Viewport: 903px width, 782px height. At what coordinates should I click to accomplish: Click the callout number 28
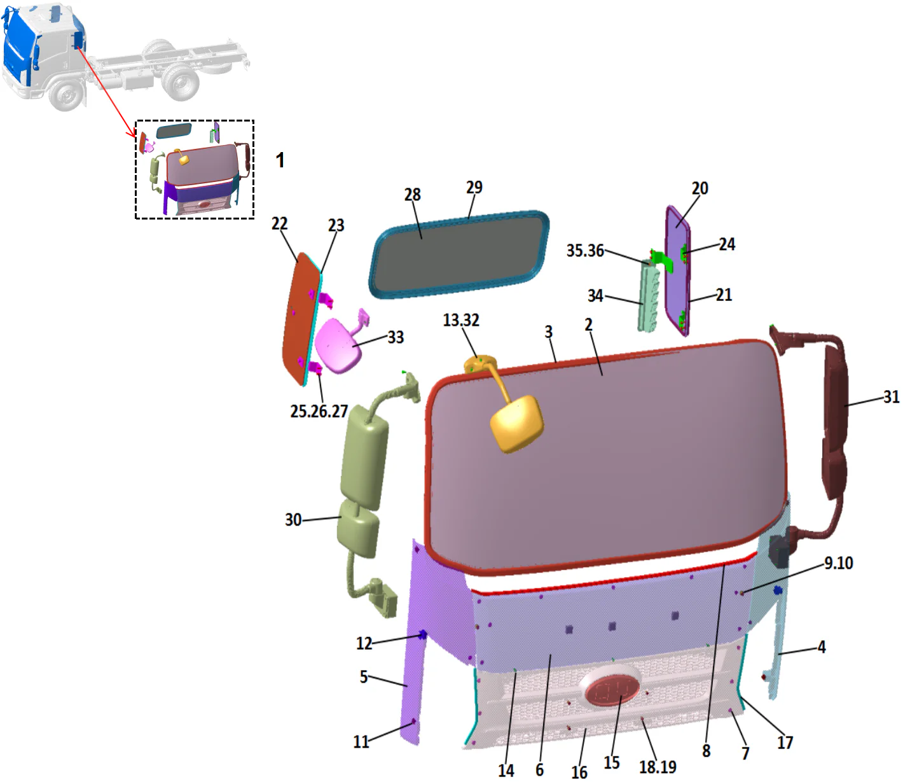tap(413, 195)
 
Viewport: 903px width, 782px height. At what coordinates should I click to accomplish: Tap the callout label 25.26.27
tap(319, 412)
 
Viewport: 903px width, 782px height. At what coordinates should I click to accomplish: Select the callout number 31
tap(892, 397)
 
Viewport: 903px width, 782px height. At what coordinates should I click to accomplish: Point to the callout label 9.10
tap(838, 563)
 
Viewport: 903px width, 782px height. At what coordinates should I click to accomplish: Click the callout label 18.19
tap(658, 767)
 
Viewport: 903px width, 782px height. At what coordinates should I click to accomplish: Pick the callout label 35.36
tap(585, 251)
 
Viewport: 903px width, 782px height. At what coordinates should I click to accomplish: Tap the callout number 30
tap(293, 520)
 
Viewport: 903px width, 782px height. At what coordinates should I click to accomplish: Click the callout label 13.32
tap(461, 320)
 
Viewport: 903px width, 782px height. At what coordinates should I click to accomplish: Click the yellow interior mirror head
tap(517, 423)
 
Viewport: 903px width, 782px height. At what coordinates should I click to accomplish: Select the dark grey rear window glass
tap(457, 251)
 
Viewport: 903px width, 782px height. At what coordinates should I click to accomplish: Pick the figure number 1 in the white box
tap(280, 160)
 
